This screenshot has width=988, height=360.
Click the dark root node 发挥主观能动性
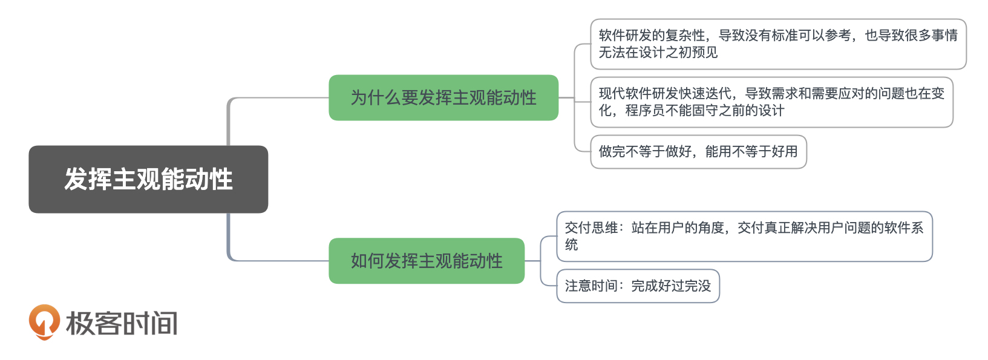pos(148,179)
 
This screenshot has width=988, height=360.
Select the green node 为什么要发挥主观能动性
pos(443,97)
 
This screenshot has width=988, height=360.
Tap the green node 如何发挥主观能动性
pos(426,261)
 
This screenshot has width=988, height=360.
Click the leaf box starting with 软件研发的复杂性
pos(777,44)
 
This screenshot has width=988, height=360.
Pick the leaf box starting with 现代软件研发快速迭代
pos(771,102)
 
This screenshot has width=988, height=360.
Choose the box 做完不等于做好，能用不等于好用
pos(698,152)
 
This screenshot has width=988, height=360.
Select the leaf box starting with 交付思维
pos(744,237)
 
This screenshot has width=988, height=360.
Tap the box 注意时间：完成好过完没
pos(637,286)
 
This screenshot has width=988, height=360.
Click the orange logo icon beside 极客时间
pos(44,321)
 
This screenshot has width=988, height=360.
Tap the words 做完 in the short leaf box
pos(612,152)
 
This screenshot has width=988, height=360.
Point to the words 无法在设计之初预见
pos(658,53)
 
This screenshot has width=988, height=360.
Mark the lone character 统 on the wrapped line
pos(572,245)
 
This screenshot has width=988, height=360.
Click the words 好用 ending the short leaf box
pos(785,152)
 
